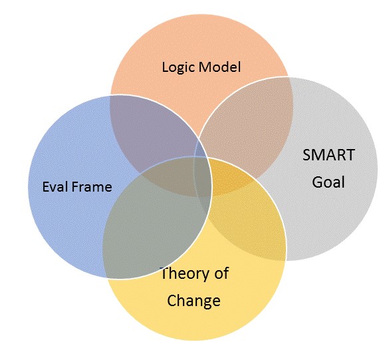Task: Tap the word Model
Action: point(219,67)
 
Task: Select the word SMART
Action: point(328,155)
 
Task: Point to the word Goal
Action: point(328,182)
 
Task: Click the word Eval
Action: point(54,186)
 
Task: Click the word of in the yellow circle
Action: point(221,273)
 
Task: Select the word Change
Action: point(193,301)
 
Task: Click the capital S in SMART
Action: point(307,155)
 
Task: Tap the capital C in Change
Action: point(172,300)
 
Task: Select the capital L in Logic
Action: point(166,67)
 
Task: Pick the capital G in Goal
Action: point(317,182)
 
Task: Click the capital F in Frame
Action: point(73,187)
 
